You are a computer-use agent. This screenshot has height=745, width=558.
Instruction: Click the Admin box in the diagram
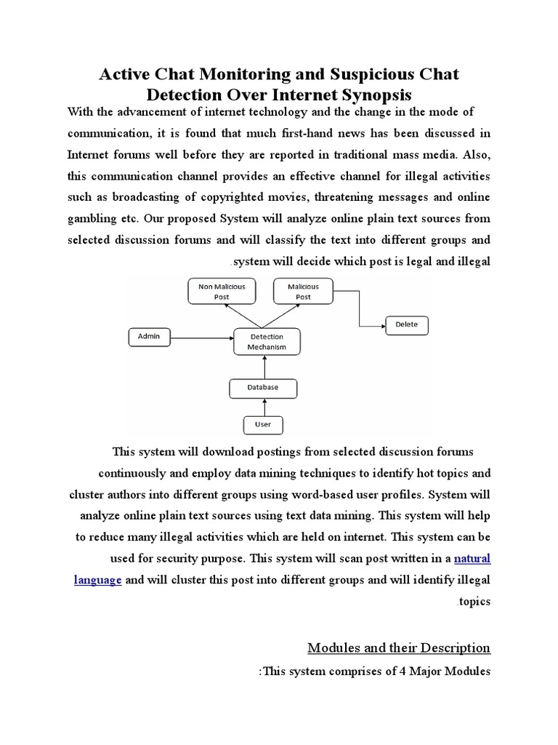tap(150, 337)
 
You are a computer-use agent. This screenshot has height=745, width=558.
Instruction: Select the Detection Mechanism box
tap(267, 342)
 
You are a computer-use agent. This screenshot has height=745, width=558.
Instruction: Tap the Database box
tap(263, 388)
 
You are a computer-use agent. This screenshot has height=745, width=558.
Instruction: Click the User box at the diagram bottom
tap(262, 424)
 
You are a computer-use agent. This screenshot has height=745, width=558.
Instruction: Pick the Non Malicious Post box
tap(222, 292)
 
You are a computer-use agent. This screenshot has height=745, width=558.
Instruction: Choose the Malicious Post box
tap(303, 292)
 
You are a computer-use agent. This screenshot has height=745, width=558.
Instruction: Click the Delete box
tap(406, 324)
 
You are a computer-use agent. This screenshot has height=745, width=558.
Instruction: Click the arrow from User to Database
tap(263, 407)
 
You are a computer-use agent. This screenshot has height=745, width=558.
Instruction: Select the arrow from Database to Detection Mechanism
tap(263, 367)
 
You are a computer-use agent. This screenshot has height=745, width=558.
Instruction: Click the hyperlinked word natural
tap(472, 559)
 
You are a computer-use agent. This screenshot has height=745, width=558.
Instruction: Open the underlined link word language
tap(97, 581)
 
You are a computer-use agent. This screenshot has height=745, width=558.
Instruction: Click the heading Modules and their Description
tap(399, 648)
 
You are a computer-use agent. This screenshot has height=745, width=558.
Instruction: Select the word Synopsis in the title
tap(371, 95)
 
